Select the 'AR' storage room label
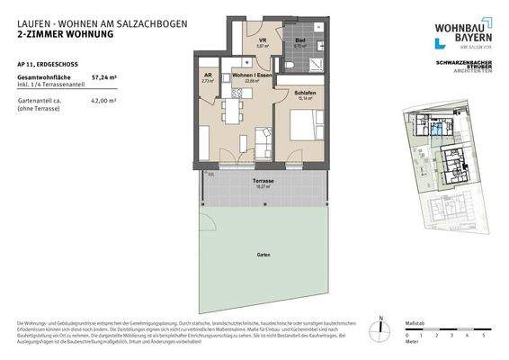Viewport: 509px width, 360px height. tap(207, 76)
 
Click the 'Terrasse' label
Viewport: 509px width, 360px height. tap(263, 181)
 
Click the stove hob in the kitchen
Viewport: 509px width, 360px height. tap(205, 115)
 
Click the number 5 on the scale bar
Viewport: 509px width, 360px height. tap(484, 334)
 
